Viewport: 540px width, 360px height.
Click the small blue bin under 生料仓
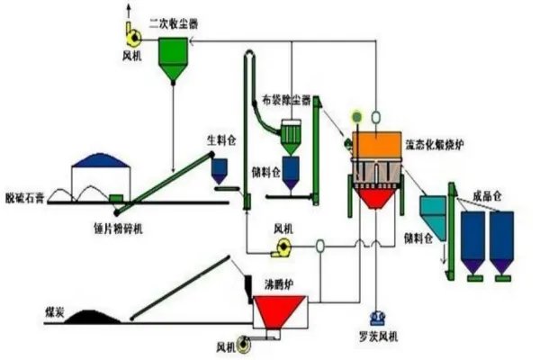[x=219, y=168]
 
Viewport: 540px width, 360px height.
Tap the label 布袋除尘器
[x=287, y=101]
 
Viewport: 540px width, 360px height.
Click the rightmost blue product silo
[x=500, y=238]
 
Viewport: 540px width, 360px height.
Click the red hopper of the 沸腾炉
[x=275, y=311]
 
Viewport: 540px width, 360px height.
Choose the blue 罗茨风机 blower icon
[x=376, y=318]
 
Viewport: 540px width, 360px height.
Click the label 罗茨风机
[x=376, y=337]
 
